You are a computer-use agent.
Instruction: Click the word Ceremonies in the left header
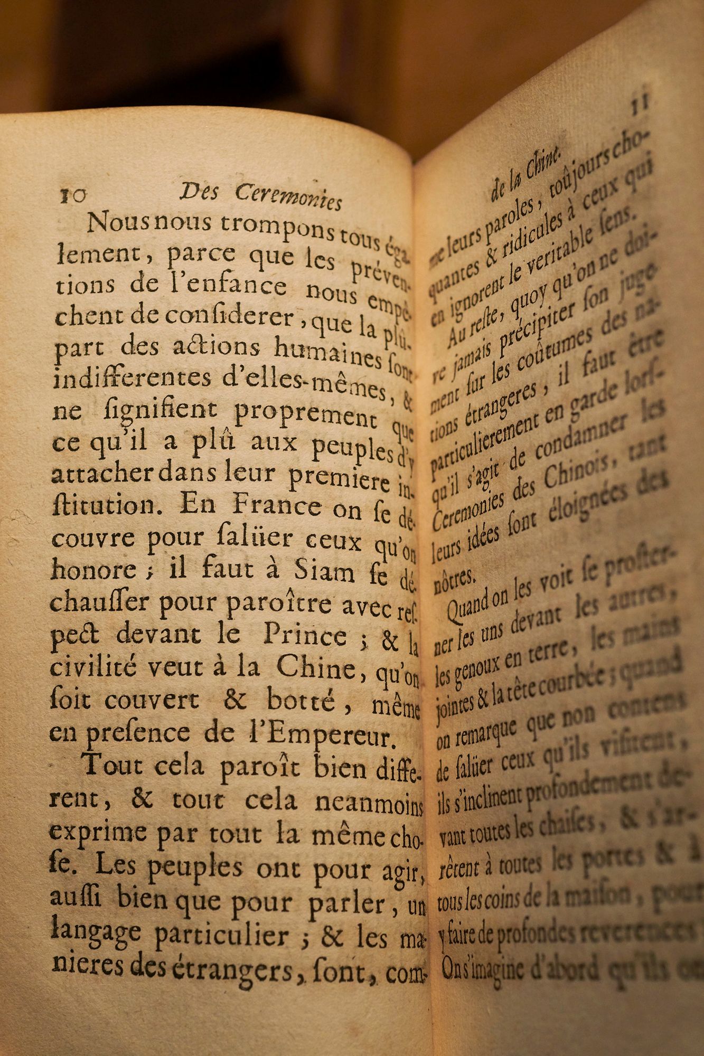288,197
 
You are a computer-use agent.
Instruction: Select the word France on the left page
277,506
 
